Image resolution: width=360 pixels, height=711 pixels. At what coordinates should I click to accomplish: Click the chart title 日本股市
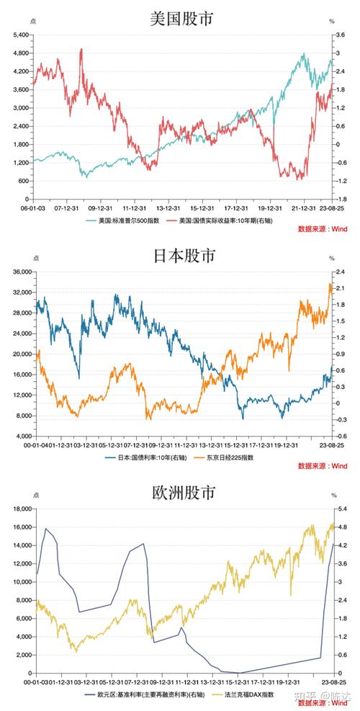(x=181, y=254)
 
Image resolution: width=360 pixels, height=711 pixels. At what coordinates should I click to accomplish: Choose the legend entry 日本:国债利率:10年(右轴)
(x=143, y=457)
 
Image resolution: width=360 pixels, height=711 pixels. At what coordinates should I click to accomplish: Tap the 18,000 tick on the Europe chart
(x=19, y=509)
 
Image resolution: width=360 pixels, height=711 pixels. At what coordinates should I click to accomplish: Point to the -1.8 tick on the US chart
(x=343, y=199)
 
